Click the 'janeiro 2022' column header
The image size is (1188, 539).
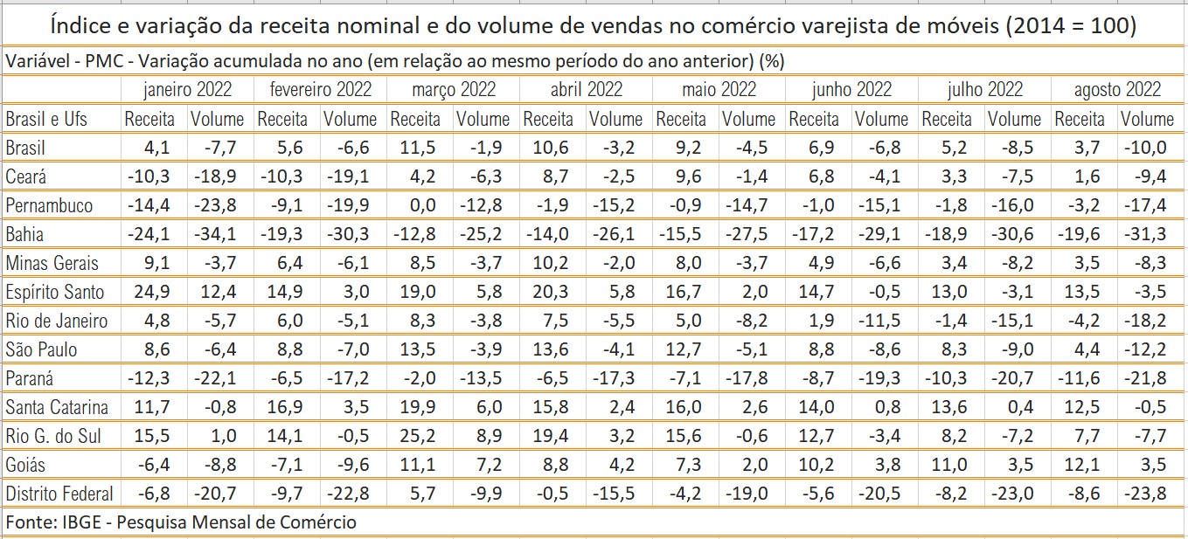[187, 89]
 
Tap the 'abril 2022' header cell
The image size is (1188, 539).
[587, 89]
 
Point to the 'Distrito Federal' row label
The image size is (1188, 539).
[59, 494]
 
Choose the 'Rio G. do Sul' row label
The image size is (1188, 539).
[57, 436]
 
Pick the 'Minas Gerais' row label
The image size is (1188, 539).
[52, 263]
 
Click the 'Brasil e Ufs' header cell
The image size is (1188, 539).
[47, 119]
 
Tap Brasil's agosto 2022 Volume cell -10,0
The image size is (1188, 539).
[1145, 148]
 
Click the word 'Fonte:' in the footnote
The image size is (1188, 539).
[31, 522]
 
